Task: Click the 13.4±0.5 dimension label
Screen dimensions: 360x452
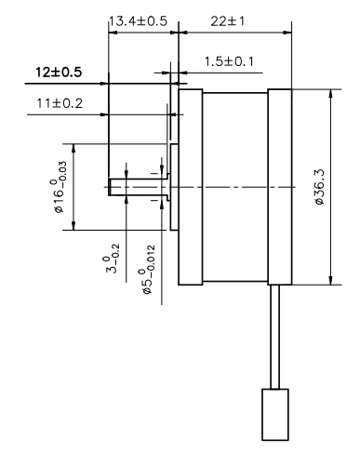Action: point(138,21)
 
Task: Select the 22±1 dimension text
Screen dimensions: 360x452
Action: point(228,21)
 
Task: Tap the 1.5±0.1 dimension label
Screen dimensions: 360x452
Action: point(229,61)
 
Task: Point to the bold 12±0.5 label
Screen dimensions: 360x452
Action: point(59,72)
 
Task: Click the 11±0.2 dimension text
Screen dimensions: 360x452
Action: point(60,103)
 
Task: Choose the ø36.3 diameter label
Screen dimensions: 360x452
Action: point(319,187)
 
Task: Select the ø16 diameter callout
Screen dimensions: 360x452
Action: point(60,187)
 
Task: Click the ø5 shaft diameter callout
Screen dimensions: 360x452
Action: point(147,269)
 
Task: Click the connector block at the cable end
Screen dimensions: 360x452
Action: point(275,415)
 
